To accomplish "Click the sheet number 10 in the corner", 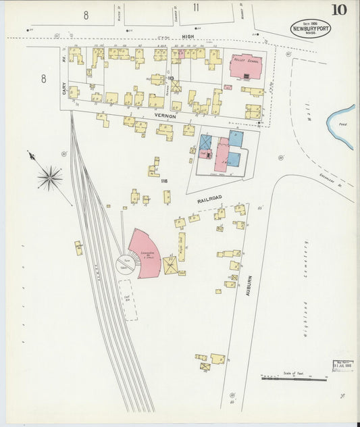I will tap(339, 9).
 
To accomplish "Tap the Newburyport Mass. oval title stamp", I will tap(310, 28).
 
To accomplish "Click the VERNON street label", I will tap(165, 116).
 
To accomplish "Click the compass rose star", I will tap(49, 178).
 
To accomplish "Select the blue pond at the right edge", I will tap(342, 125).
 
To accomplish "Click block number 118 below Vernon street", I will tap(163, 180).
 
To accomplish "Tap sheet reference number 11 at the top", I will tap(196, 7).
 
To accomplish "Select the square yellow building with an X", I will tap(170, 265).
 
